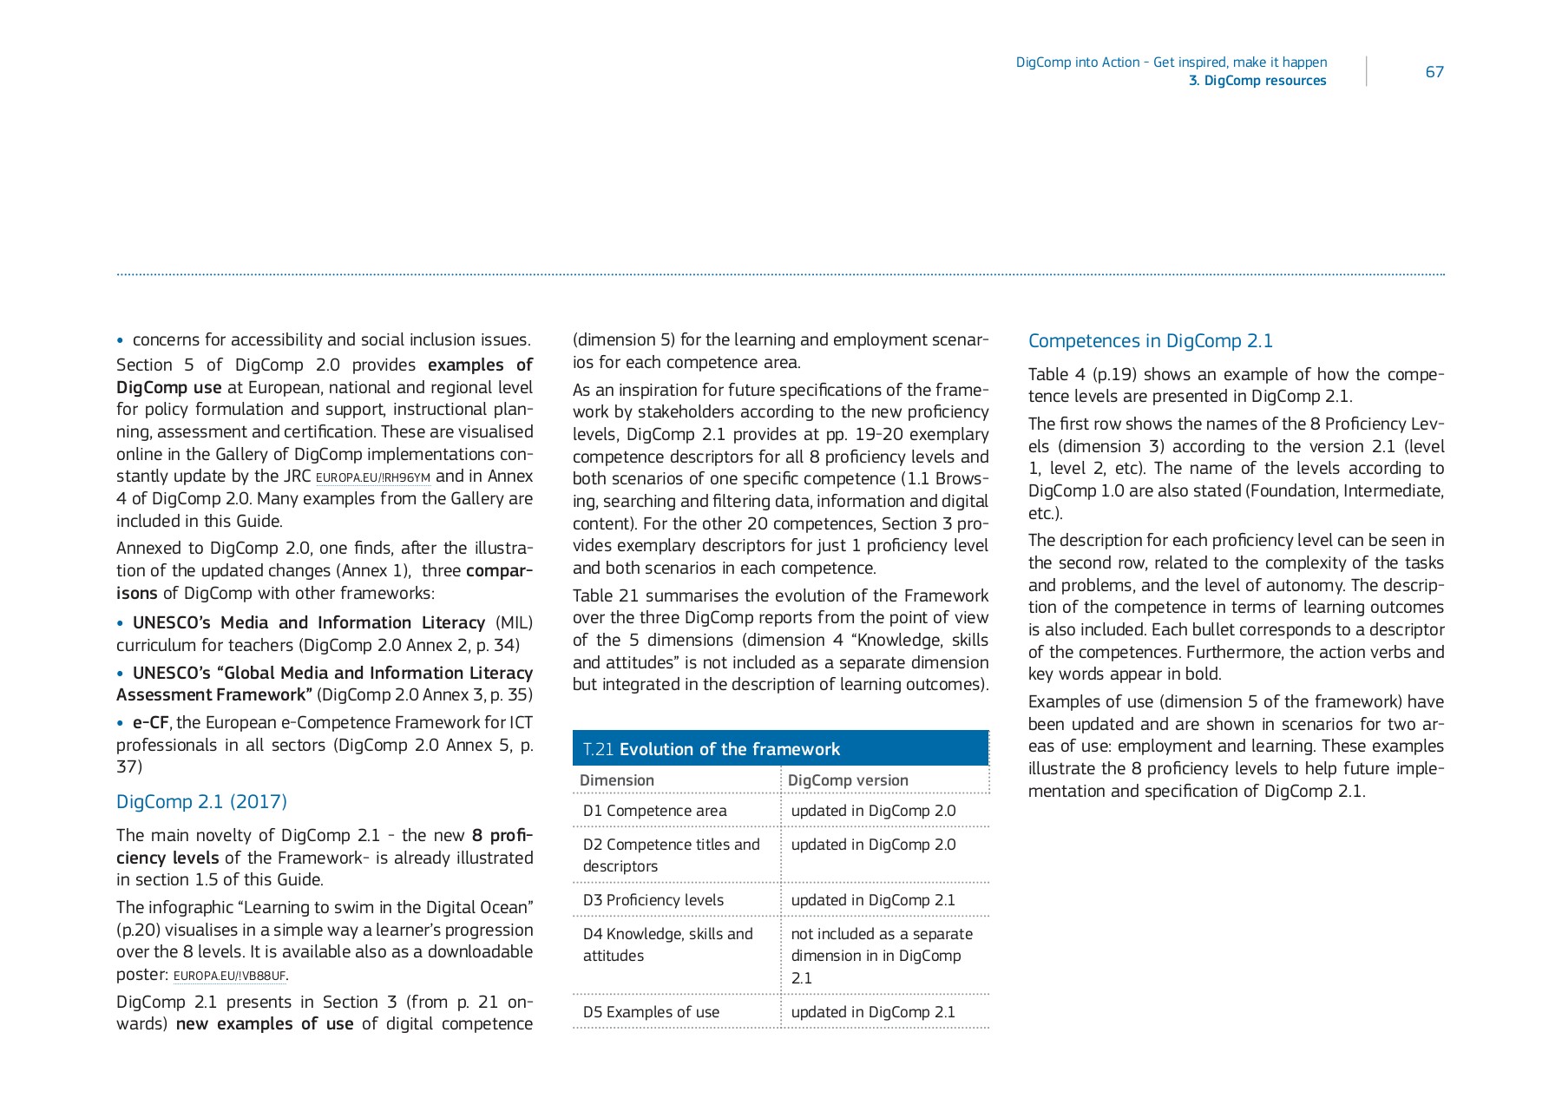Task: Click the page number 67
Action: pos(1434,72)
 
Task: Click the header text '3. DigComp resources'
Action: pos(1257,81)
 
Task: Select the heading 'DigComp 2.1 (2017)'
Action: pos(201,802)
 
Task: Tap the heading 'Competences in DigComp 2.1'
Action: pos(1150,341)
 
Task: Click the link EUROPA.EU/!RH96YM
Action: pos(373,478)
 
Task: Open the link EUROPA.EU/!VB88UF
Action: pos(229,977)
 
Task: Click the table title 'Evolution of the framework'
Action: pos(729,749)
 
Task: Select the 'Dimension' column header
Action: pos(617,780)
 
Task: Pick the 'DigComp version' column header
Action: pos(848,780)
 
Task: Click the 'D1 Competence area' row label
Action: pos(654,811)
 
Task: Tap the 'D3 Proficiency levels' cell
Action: pos(653,900)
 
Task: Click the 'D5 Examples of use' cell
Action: pos(651,1012)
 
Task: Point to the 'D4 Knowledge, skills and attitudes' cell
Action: pos(667,944)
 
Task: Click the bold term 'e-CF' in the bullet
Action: pos(150,723)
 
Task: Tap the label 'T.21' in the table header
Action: pos(598,749)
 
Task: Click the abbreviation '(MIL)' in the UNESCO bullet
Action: pos(514,623)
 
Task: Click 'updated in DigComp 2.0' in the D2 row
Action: pos(873,845)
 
